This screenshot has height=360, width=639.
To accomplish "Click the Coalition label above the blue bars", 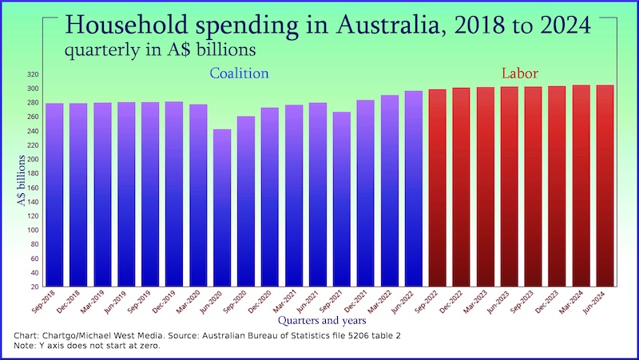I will (239, 73).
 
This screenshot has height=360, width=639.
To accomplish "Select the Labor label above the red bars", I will (520, 73).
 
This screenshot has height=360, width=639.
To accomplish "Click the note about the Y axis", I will (88, 347).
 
